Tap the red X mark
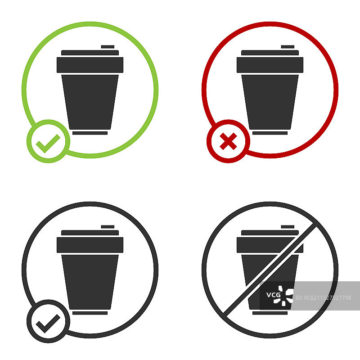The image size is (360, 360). pos(228,141)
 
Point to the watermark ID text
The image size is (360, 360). pos(323,298)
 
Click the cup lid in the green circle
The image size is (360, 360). pos(90,62)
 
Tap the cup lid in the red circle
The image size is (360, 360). pos(270,62)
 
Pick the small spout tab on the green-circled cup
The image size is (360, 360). pos(108,47)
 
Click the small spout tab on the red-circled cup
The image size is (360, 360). pos(288,47)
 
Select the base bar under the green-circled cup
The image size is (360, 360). pos(90,133)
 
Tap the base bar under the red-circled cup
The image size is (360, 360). pos(270,133)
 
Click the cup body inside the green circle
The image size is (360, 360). pos(90,102)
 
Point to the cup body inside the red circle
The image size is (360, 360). pos(270,102)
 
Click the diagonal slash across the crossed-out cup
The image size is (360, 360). pos(270,270)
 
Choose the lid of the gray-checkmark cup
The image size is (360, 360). pos(90,242)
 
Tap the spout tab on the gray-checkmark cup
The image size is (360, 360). pos(108,227)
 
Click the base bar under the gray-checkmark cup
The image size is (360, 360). pos(90,313)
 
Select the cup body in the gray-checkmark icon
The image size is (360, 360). pos(90,282)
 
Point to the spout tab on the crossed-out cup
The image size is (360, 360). pos(288,227)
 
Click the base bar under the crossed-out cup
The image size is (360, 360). pos(270,313)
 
